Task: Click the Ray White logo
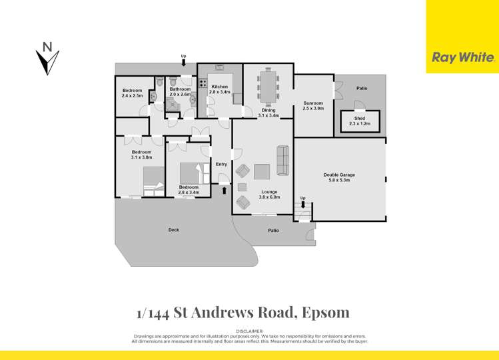(x=462, y=57)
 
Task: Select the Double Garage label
(x=339, y=177)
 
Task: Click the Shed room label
(x=360, y=121)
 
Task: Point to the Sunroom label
(x=312, y=105)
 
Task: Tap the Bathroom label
(x=180, y=91)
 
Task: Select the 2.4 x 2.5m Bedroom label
(x=132, y=93)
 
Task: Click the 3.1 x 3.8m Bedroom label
(x=141, y=155)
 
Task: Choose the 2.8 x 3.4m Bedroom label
(x=189, y=190)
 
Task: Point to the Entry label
(x=221, y=164)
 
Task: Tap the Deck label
(x=174, y=230)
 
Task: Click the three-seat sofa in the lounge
(x=282, y=160)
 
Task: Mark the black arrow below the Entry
(x=224, y=190)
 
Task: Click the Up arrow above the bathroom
(x=185, y=63)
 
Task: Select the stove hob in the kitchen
(x=202, y=85)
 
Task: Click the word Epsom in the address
(x=326, y=312)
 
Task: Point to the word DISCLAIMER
(x=249, y=331)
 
